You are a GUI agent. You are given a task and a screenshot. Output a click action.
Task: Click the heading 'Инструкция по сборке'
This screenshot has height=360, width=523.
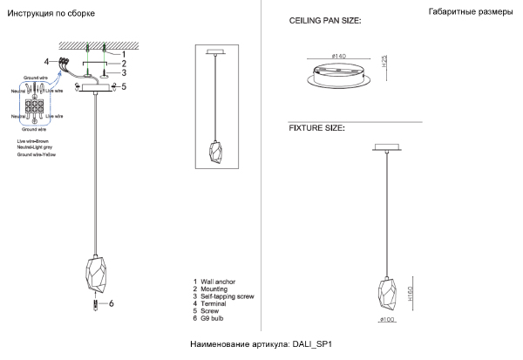[51, 15]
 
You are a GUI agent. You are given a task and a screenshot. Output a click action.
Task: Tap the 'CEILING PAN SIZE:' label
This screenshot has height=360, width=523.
[323, 19]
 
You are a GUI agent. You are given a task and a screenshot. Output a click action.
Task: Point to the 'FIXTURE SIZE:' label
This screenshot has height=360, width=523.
[316, 128]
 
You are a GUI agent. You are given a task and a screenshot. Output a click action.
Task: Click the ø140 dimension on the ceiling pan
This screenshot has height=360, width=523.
[339, 57]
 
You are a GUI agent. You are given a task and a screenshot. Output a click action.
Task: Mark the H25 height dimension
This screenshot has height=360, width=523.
[384, 63]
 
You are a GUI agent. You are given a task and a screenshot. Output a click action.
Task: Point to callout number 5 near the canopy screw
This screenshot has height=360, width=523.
[125, 86]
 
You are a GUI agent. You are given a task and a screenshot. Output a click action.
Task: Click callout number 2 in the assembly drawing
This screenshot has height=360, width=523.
[124, 64]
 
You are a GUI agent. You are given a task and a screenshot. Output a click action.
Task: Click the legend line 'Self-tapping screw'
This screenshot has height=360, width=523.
[227, 297]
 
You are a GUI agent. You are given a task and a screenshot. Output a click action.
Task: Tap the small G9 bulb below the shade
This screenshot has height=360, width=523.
[93, 304]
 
